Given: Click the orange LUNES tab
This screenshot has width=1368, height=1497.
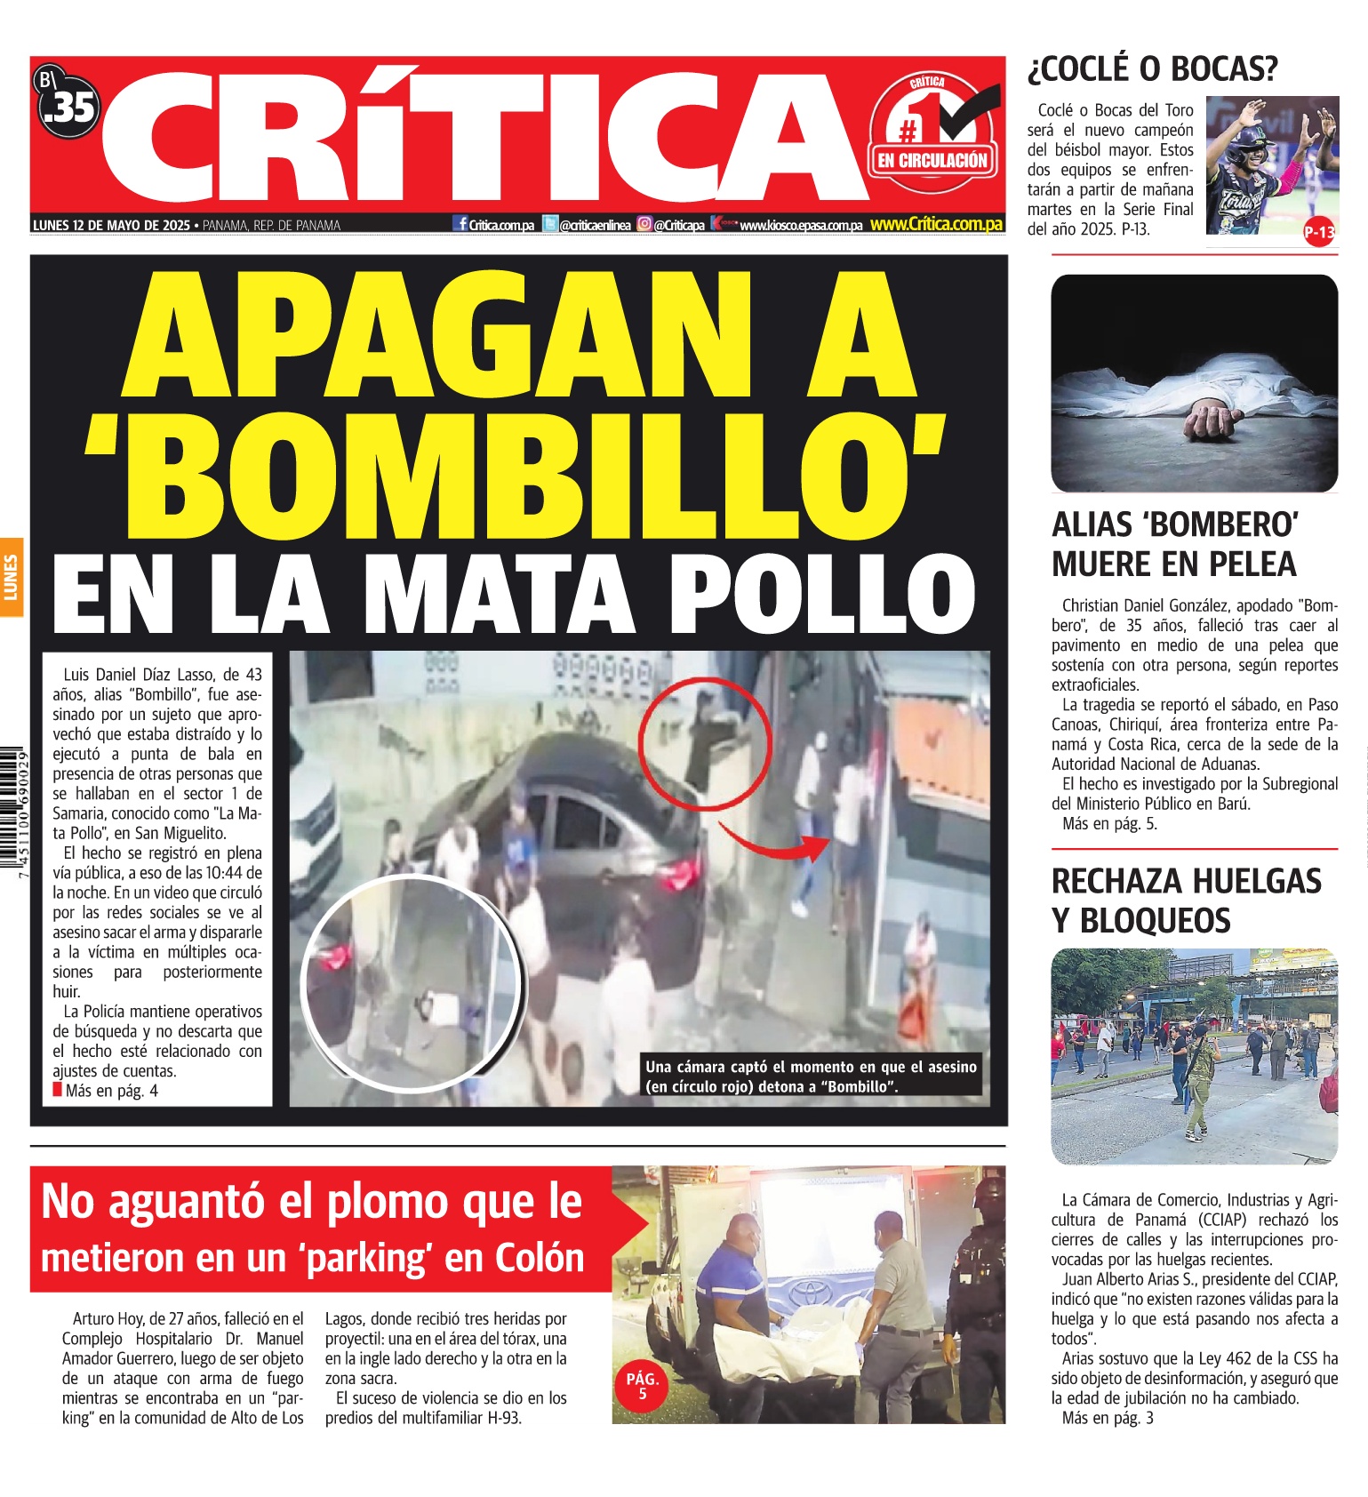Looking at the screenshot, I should point(12,577).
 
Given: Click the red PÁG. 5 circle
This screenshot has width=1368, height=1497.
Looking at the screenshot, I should point(642,1386).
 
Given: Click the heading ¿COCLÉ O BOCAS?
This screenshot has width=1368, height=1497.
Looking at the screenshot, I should point(1152,68).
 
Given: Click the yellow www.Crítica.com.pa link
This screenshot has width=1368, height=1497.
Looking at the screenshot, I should point(936,224).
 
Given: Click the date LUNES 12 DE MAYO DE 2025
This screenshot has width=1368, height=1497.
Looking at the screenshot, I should point(111,225).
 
